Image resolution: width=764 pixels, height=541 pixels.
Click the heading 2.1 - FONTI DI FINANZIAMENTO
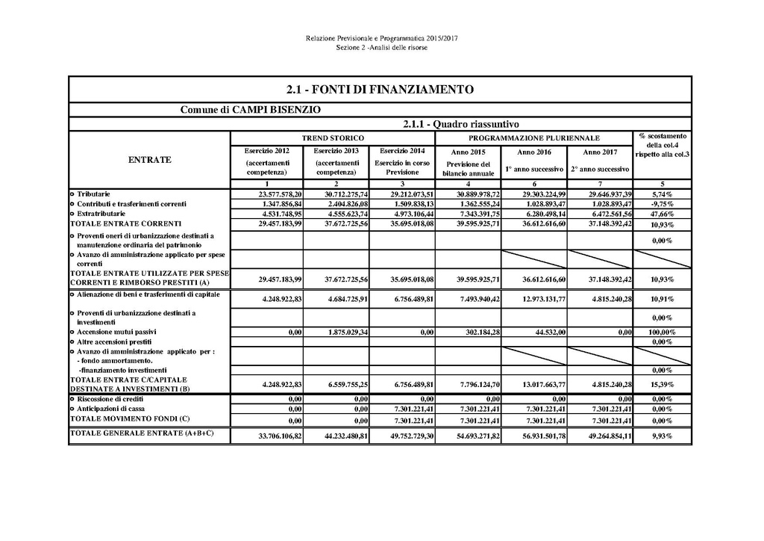tap(381, 90)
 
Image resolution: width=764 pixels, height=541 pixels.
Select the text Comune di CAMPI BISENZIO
tap(251, 110)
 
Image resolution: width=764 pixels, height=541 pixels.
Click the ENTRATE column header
tap(150, 159)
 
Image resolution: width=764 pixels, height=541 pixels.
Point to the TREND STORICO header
tap(333, 138)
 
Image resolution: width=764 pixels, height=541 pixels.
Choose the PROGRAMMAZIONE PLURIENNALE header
tap(533, 138)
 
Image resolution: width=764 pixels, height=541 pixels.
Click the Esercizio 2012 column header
tap(266, 151)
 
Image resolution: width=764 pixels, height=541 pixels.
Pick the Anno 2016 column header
tap(533, 152)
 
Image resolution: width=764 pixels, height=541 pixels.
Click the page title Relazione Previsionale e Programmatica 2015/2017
tap(381, 38)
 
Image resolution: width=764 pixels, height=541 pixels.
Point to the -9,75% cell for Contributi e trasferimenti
tap(662, 203)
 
